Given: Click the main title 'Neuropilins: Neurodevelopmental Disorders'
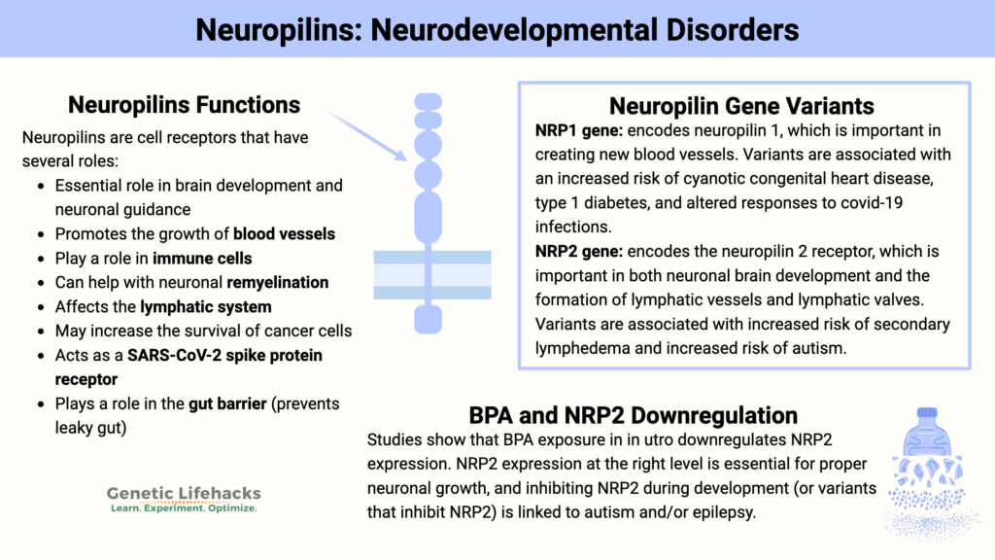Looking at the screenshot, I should (x=497, y=29).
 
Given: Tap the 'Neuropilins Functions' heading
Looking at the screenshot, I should (x=184, y=104).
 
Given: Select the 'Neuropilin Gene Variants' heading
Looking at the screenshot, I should (x=741, y=106).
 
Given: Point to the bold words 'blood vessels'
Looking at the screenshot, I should (x=288, y=233).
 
